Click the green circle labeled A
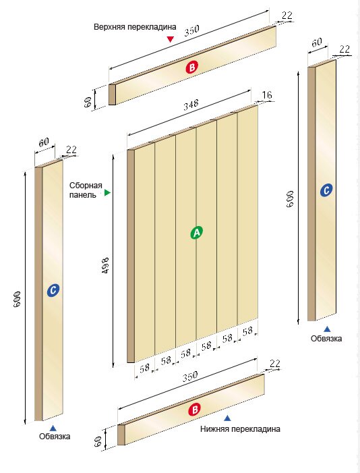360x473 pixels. [x=197, y=233]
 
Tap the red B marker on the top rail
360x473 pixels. [x=192, y=67]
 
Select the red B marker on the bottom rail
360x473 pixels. [x=194, y=410]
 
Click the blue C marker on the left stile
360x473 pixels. [x=53, y=290]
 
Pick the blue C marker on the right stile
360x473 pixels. [x=326, y=190]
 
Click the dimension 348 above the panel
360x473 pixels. [x=191, y=105]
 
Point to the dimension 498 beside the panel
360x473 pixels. [x=105, y=265]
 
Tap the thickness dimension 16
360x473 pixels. [x=267, y=95]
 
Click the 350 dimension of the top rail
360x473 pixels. [x=191, y=30]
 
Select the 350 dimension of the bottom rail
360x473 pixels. [x=190, y=377]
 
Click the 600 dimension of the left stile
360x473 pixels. [x=17, y=299]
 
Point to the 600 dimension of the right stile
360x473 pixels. [x=290, y=199]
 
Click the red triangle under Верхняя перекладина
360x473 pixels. [x=171, y=39]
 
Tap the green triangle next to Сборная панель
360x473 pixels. [x=107, y=192]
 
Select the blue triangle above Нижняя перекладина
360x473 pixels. [x=228, y=418]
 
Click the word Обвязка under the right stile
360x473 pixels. [x=326, y=339]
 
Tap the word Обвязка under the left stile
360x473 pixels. [x=55, y=436]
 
